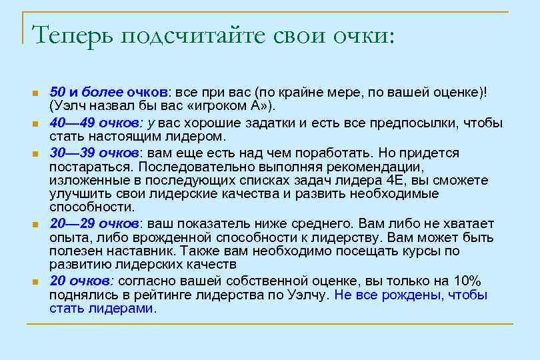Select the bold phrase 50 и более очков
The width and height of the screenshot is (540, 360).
(110, 92)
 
